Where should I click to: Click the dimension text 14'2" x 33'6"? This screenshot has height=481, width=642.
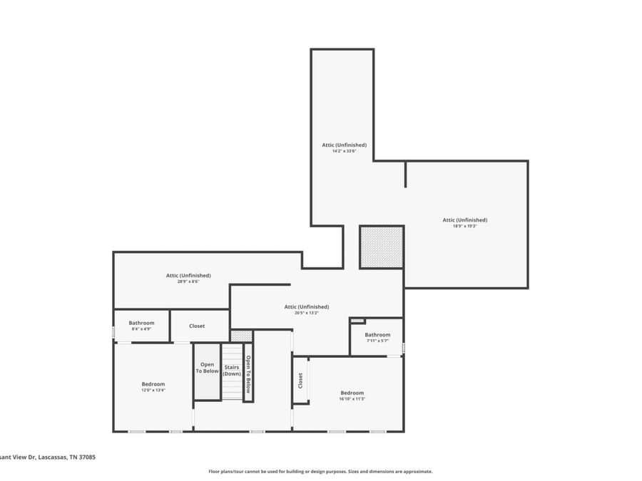344,151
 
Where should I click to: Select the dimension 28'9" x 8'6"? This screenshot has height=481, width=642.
188,281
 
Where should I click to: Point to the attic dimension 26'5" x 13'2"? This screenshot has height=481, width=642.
306,313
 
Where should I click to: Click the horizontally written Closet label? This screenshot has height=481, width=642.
197,326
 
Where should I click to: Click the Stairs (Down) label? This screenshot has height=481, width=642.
232,371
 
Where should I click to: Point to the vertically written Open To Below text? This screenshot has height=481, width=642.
248,374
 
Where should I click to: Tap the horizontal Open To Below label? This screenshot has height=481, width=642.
207,368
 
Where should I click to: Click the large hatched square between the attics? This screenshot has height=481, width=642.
382,247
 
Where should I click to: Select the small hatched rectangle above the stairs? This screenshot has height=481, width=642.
242,336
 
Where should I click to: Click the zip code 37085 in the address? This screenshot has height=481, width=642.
86,457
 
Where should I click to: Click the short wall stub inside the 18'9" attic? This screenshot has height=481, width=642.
406,174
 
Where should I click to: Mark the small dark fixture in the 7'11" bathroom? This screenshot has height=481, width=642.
357,321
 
